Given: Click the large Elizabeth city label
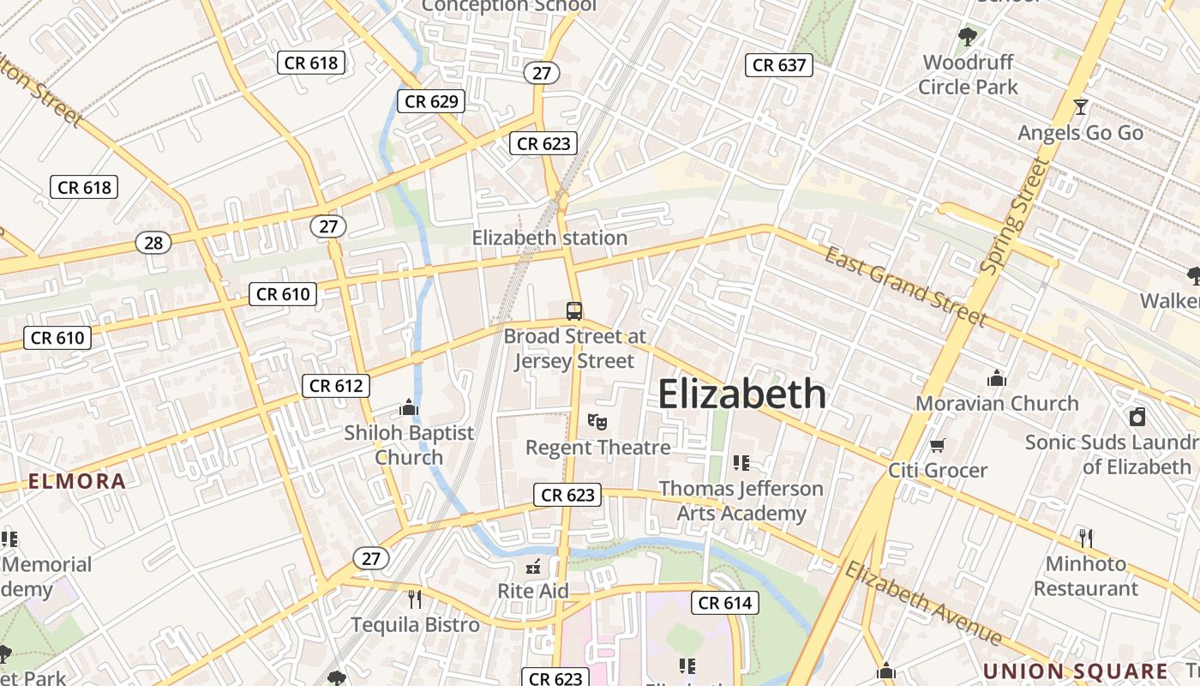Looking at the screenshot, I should tap(742, 394).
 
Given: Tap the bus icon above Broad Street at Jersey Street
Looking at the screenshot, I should tap(574, 311).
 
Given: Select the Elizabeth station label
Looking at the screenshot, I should tap(549, 238).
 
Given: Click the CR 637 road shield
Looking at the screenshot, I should tap(778, 65).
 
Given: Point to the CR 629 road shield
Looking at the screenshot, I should tap(431, 101).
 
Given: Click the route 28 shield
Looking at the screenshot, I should tap(153, 243).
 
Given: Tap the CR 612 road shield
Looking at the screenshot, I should tap(336, 386).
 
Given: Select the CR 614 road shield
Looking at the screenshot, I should tap(725, 603).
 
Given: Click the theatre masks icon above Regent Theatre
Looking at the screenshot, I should tap(597, 422).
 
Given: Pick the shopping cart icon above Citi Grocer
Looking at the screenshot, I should tap(937, 445).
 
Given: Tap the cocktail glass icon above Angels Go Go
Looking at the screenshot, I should tap(1080, 107).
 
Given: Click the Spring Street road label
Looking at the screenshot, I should tap(1015, 215).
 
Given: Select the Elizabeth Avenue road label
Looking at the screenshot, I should tap(923, 603).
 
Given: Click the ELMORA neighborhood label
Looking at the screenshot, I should tap(77, 481).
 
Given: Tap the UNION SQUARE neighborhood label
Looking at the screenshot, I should tap(1075, 671).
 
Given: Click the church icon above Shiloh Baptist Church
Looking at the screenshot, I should tap(409, 407).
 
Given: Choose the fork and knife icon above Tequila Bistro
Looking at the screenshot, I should tap(415, 599).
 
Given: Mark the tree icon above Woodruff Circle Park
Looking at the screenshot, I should tap(968, 37).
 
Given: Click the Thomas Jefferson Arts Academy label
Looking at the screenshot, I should tap(741, 501).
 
